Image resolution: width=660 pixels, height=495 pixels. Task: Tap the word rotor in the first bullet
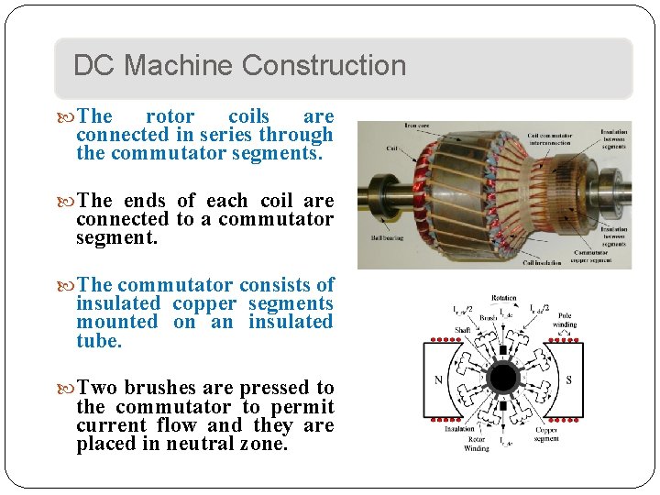pyautogui.click(x=170, y=116)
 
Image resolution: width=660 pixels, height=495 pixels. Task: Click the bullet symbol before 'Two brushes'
pyautogui.click(x=70, y=389)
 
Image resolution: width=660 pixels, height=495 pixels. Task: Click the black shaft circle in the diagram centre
pyautogui.click(x=502, y=377)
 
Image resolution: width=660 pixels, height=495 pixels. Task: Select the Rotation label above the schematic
pyautogui.click(x=503, y=298)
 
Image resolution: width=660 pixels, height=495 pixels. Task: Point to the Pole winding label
pyautogui.click(x=565, y=319)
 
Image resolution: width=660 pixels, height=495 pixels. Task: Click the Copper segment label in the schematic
pyautogui.click(x=546, y=434)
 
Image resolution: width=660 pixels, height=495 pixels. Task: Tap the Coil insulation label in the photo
pyautogui.click(x=542, y=263)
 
